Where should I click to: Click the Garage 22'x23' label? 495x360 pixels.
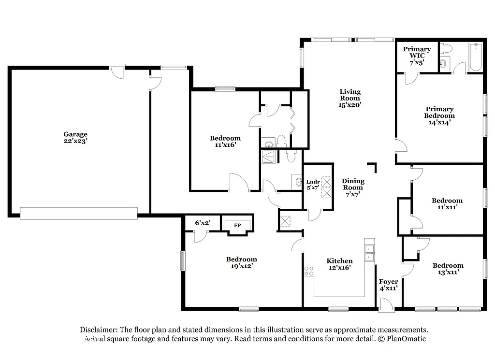point(75,138)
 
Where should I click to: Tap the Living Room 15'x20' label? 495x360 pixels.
point(350,98)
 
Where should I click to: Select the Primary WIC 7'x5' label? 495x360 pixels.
point(417,56)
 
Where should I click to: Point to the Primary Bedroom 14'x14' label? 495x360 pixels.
point(439,115)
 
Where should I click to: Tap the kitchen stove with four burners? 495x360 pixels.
point(309,271)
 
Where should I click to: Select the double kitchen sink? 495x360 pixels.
point(370,253)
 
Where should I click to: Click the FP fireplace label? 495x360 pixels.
point(237,225)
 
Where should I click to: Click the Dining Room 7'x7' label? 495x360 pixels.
point(353,187)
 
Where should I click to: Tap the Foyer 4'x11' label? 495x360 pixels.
point(388,285)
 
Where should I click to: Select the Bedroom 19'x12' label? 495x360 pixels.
point(241,262)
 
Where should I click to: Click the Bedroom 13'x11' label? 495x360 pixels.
point(448,269)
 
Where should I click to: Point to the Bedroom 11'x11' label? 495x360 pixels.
point(447,203)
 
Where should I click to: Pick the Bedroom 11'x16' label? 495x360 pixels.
point(225,141)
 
